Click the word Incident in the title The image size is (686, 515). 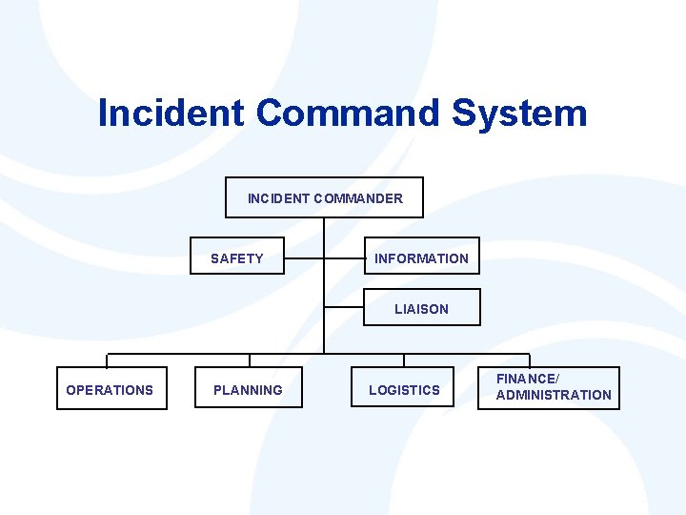point(170,113)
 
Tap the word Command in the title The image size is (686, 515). point(347,113)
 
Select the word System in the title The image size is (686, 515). point(519,113)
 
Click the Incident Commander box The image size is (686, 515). point(324,197)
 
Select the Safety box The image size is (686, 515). point(237,257)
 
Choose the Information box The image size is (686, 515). point(421,257)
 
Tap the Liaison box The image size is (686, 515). point(421,307)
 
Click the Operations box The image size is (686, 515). point(111,388)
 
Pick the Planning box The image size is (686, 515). point(248,388)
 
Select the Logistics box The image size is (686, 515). point(404,388)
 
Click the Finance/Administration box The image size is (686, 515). point(549,387)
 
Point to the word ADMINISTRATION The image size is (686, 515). point(554,395)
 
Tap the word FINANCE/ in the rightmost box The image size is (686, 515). point(527,380)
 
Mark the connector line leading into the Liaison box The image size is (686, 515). point(344,308)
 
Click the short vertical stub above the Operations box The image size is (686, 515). point(107,360)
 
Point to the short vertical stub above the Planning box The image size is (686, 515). point(250,360)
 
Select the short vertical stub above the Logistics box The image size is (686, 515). point(404,360)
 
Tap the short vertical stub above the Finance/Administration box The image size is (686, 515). point(530,360)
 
